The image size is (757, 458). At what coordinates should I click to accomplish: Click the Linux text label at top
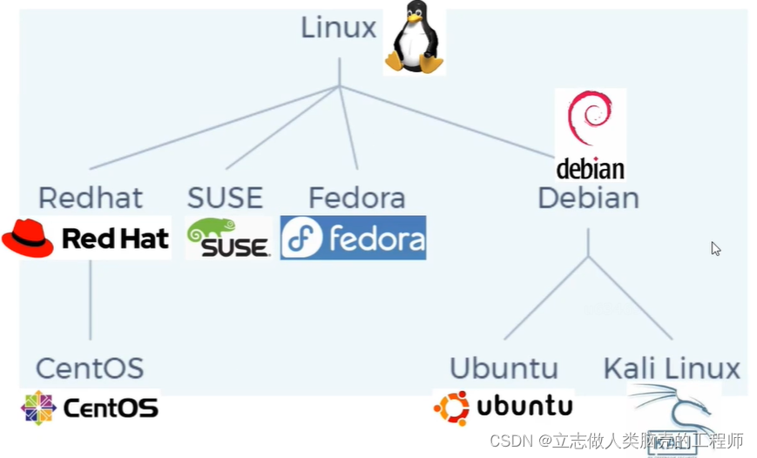click(x=338, y=27)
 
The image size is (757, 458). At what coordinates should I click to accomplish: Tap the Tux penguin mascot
click(x=416, y=37)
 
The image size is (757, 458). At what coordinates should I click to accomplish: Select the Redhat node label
click(x=90, y=198)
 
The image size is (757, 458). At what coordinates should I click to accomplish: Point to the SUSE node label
click(x=225, y=198)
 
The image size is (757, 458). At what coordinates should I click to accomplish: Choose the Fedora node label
click(x=357, y=198)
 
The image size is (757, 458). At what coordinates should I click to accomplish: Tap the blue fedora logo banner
click(x=353, y=238)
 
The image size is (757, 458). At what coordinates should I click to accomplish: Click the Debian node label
click(x=588, y=198)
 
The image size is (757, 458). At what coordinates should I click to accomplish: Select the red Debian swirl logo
click(x=590, y=120)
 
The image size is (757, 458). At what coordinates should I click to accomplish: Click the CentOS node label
click(x=90, y=367)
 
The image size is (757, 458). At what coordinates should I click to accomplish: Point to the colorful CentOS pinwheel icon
click(x=38, y=407)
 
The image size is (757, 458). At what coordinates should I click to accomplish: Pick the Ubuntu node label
click(x=503, y=367)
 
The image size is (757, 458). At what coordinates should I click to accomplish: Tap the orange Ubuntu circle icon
click(x=451, y=407)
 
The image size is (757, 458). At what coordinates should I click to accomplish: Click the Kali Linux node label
click(x=672, y=367)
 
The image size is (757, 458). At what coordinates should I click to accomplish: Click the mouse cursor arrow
click(x=715, y=249)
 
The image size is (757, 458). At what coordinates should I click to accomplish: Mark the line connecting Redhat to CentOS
click(x=90, y=300)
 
